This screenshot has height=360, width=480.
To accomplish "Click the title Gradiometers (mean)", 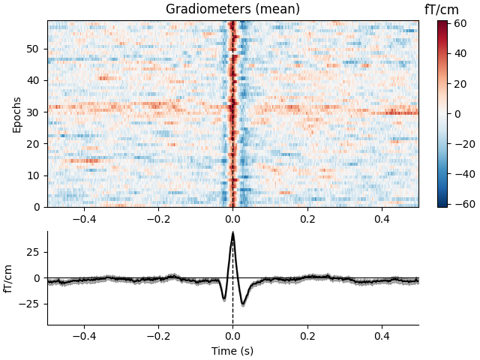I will (232, 10).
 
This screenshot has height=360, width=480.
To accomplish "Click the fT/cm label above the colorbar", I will (442, 9).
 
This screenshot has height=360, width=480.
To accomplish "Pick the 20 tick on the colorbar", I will (458, 84).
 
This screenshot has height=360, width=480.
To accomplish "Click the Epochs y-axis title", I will (17, 114).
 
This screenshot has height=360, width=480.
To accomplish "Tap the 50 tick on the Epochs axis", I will (34, 49).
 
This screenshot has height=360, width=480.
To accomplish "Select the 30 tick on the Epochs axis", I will (34, 112).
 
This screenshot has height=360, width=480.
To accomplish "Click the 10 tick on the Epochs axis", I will (34, 175).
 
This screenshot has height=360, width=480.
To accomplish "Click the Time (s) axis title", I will (232, 350).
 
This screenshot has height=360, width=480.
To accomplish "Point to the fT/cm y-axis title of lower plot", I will (10, 277).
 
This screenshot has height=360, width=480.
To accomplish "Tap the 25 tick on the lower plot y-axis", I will (34, 252).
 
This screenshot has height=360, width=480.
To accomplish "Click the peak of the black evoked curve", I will (232, 233).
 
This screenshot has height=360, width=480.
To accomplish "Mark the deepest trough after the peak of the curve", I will (242, 304).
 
